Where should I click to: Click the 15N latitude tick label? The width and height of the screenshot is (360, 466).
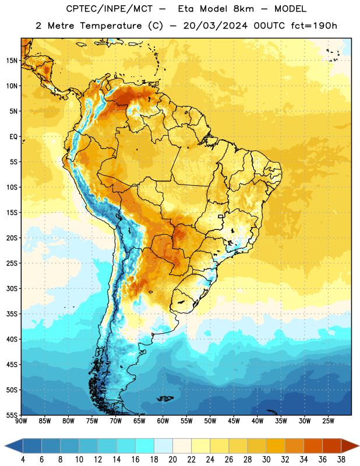[12, 61]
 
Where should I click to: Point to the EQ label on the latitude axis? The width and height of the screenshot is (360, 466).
[13, 137]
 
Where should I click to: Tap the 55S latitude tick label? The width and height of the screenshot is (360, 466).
[12, 415]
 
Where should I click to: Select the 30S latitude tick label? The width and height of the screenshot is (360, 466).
[12, 288]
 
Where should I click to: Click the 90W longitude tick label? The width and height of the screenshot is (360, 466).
[21, 421]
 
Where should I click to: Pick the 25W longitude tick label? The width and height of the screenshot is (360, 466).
[328, 421]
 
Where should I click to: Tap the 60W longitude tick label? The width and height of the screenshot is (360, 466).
[163, 421]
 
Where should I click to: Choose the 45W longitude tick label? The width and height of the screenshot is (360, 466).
[234, 421]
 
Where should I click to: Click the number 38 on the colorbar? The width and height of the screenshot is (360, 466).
[341, 460]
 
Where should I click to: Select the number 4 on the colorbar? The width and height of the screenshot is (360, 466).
[23, 460]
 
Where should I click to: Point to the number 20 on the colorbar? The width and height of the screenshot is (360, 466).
[172, 460]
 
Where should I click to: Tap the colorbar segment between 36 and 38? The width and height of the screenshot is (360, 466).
[332, 446]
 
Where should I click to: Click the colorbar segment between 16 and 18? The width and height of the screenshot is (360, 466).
[145, 446]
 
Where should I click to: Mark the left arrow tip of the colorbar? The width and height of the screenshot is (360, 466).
[5, 446]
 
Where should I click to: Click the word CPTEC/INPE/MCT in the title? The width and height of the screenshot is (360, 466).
[109, 9]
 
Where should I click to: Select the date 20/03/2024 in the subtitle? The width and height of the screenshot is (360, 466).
[215, 26]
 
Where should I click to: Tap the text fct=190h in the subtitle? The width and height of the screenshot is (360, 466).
[314, 26]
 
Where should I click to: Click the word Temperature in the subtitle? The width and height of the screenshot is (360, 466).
[111, 26]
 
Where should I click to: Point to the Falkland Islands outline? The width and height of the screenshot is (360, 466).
[165, 398]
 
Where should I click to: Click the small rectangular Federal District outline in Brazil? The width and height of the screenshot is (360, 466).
[221, 216]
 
